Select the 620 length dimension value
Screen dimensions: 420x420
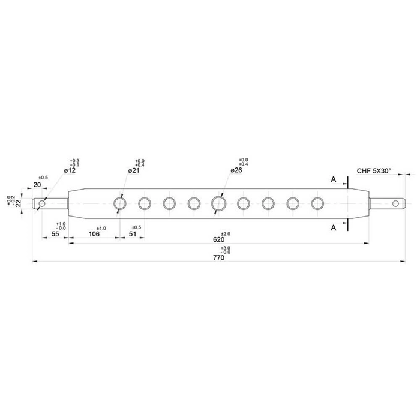coord(218,239)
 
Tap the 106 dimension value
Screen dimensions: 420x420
coord(94,234)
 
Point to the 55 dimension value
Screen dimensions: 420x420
coord(55,234)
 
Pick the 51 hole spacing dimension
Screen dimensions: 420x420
coord(133,234)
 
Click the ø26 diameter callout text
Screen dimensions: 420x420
coord(236,171)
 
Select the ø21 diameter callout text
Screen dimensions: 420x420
coord(134,171)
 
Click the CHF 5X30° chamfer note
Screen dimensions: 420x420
coord(373,171)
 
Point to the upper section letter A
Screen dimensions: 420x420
coord(333,179)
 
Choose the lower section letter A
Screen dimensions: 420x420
coord(333,227)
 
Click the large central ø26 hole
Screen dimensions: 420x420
coord(218,203)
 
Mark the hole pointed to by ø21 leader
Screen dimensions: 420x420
coord(119,203)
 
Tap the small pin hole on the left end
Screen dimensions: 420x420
coord(41,203)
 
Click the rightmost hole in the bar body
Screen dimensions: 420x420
coord(317,203)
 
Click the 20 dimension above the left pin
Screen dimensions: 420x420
coord(37,185)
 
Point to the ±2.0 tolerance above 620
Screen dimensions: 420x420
coord(226,233)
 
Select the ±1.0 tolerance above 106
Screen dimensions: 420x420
coord(101,228)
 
